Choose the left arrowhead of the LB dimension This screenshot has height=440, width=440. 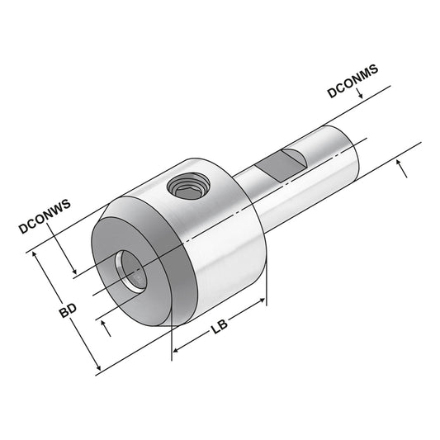tap(176, 352)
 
